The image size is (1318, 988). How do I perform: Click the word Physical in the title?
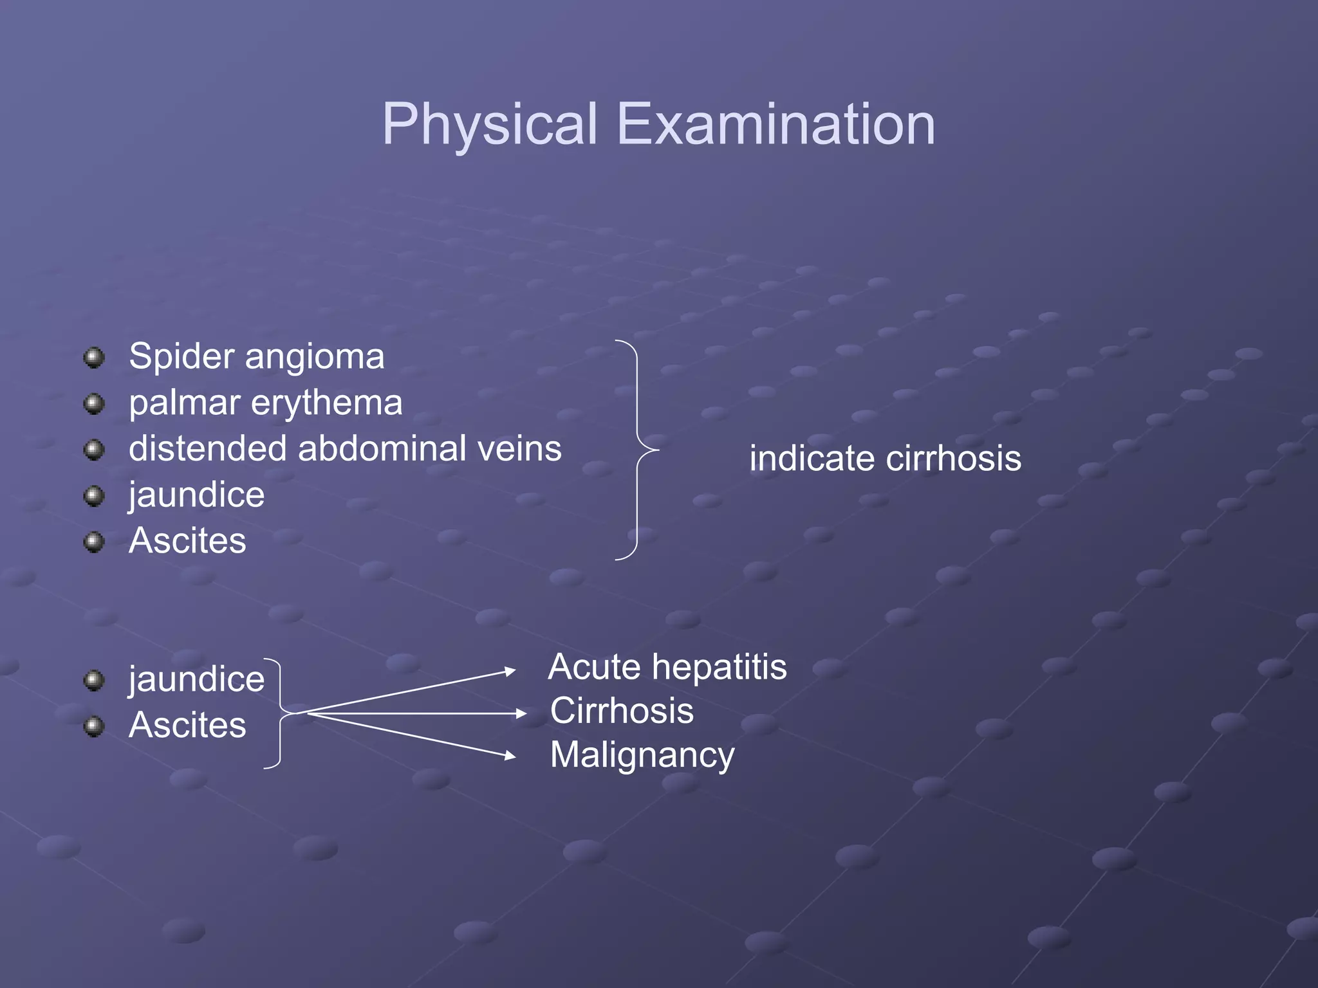[x=490, y=124]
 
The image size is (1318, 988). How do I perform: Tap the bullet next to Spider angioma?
[x=95, y=358]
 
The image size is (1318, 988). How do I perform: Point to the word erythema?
[x=326, y=403]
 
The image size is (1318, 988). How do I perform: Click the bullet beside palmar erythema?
[x=95, y=404]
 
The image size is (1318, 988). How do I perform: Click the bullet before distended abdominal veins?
[x=95, y=450]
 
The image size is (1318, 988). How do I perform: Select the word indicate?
[x=812, y=459]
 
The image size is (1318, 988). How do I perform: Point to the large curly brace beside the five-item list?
[x=638, y=450]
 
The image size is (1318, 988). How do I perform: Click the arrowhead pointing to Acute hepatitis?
[x=510, y=672]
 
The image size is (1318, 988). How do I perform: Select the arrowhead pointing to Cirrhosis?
[x=521, y=713]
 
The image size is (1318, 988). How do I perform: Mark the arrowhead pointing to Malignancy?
[x=510, y=756]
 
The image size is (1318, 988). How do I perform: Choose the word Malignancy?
[x=642, y=755]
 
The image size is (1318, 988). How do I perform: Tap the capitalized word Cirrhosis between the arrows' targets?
[x=622, y=711]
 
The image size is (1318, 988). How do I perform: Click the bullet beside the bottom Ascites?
[x=95, y=726]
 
